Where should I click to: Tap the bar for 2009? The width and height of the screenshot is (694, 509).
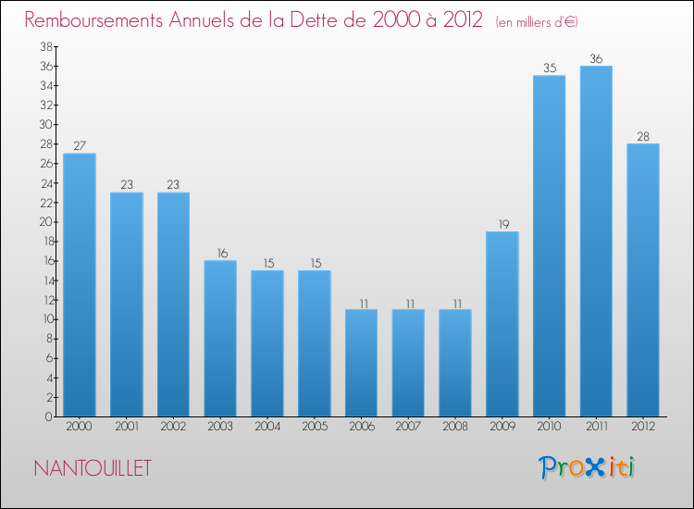click(502, 324)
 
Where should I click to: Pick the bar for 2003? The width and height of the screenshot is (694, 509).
click(220, 339)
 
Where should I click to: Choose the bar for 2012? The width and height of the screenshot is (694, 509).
click(643, 280)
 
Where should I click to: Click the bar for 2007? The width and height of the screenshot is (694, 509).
click(408, 363)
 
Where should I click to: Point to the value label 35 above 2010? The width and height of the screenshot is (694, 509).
click(549, 68)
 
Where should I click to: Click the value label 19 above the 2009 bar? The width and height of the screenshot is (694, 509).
click(502, 224)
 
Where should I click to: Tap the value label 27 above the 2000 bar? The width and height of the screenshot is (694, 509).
click(79, 145)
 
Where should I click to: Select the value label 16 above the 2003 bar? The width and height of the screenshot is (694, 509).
click(220, 253)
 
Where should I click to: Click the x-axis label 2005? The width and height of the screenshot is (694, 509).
click(314, 427)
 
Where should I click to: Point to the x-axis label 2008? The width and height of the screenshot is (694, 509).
click(455, 427)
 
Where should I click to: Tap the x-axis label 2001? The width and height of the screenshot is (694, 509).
click(126, 427)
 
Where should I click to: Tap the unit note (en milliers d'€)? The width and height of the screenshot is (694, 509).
click(526, 21)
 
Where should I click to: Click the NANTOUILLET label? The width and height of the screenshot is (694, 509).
click(93, 468)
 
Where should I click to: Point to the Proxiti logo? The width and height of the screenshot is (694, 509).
click(588, 467)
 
